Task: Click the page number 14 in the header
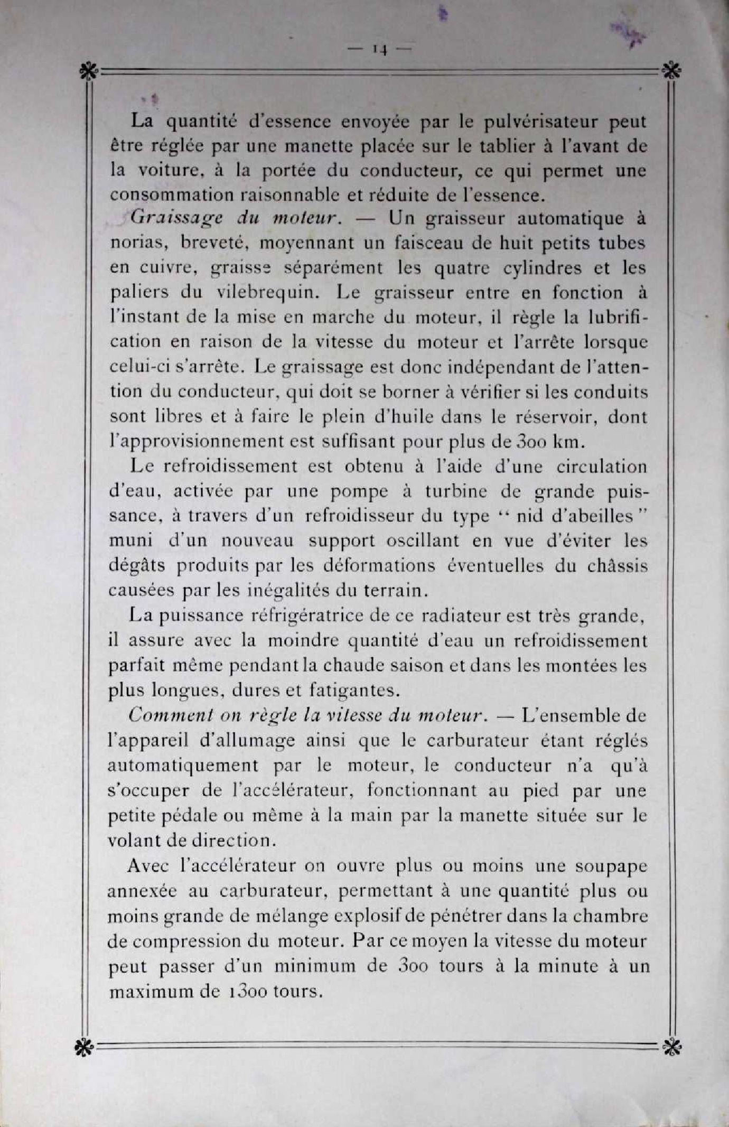click(380, 50)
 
